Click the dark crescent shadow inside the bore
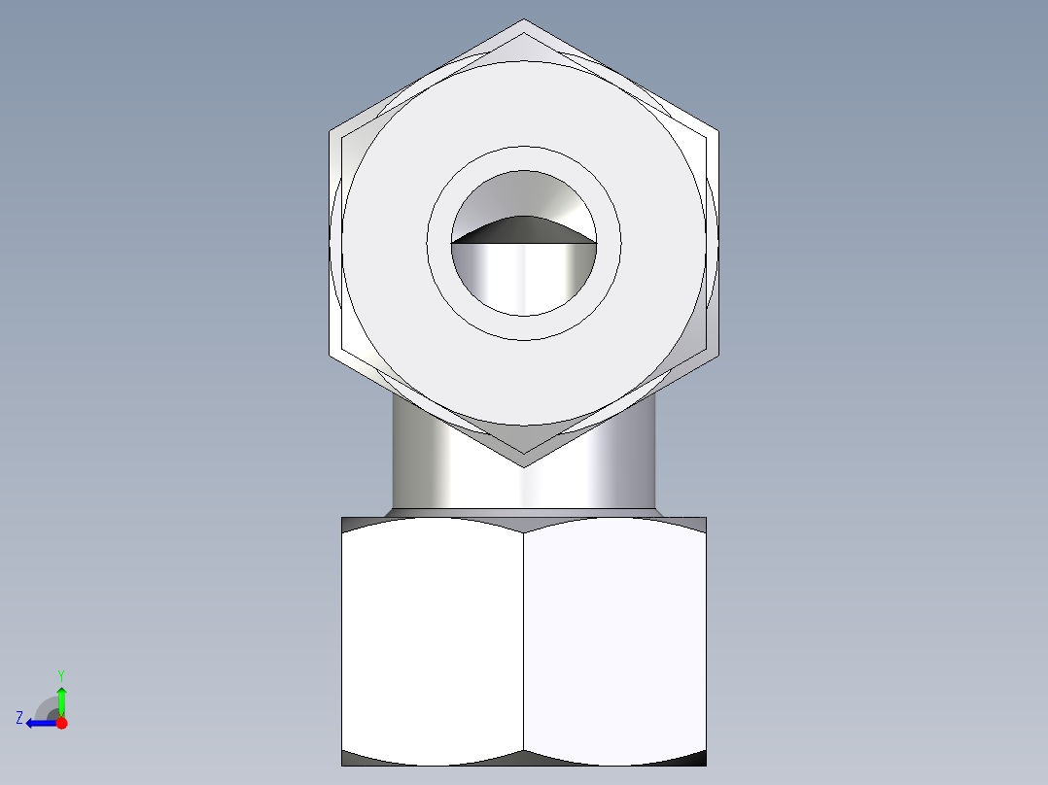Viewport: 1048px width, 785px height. click(524, 229)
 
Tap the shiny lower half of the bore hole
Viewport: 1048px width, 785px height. click(524, 277)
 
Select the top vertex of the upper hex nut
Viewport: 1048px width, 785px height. click(524, 20)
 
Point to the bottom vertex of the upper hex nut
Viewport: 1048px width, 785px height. click(524, 465)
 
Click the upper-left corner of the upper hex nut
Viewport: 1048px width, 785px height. click(331, 130)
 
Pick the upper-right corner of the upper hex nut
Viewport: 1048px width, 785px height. click(717, 130)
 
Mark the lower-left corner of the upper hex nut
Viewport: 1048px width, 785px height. click(331, 355)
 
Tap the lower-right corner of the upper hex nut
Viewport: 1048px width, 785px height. click(717, 355)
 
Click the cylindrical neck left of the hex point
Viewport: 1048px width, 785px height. click(428, 466)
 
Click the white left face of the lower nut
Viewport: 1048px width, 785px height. click(433, 641)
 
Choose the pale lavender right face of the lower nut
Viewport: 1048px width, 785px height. click(614, 641)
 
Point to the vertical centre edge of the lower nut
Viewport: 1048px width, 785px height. click(524, 641)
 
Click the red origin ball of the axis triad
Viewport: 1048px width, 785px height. click(61, 723)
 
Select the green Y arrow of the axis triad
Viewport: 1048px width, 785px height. click(61, 700)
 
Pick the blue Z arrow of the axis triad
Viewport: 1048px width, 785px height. click(39, 723)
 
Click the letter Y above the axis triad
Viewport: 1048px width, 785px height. click(61, 674)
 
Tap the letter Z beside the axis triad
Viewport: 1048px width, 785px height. click(19, 718)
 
